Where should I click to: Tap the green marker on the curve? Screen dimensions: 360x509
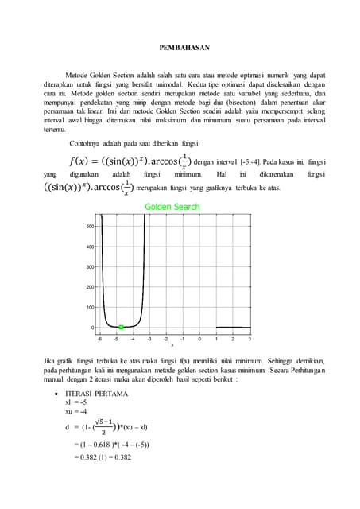coord(121,327)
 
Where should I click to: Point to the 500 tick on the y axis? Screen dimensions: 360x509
coord(91,227)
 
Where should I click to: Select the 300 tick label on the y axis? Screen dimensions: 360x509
coord(91,267)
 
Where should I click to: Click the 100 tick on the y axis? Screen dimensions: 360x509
coord(91,307)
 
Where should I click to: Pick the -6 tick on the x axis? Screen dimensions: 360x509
coord(99,338)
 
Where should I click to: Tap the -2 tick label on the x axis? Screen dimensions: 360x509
coord(166,338)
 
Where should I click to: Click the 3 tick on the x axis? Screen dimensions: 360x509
coord(250,338)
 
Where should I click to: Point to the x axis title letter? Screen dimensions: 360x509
coord(172,344)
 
